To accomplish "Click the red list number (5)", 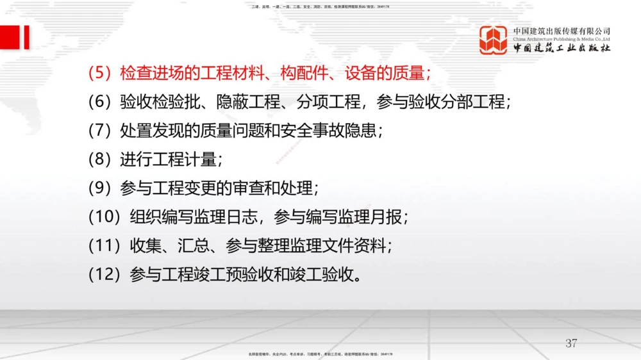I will tap(100, 73).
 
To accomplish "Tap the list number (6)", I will tap(100, 102).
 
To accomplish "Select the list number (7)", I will tap(100, 131).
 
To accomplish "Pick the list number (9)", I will tap(100, 188).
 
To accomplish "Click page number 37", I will tap(571, 343).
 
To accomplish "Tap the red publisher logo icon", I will tap(494, 40).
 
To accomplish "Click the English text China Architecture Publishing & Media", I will tap(562, 38).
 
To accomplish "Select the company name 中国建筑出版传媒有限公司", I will tap(562, 31).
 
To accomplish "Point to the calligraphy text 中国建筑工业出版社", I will tap(562, 48).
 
